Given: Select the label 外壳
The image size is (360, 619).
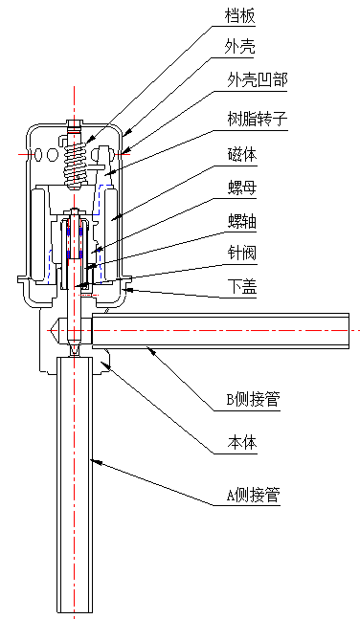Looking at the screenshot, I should click(x=240, y=45).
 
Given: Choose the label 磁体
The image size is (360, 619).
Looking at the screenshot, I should click(x=243, y=153).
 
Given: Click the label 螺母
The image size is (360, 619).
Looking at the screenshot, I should click(x=243, y=188).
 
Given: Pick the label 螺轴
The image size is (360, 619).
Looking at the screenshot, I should click(x=243, y=221).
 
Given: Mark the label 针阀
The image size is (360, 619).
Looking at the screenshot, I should click(x=243, y=254).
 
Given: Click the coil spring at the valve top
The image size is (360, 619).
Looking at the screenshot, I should click(x=79, y=164).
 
